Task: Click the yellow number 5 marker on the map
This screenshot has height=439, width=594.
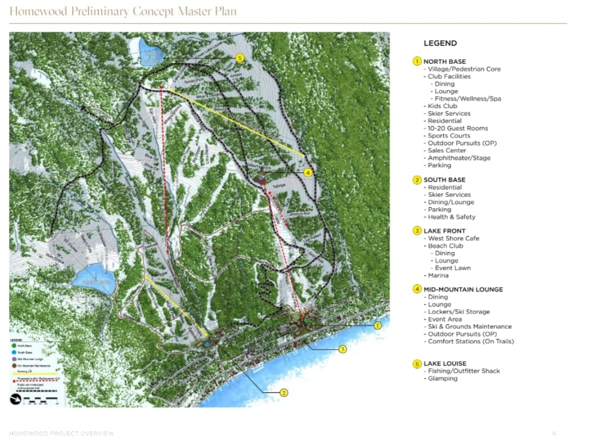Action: point(240,58)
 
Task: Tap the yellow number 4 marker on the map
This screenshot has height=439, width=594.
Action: point(308,172)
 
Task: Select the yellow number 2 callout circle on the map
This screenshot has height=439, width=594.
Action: point(284,393)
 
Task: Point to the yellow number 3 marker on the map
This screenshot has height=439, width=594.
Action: point(343,349)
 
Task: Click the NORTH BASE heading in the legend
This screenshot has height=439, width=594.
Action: point(444,61)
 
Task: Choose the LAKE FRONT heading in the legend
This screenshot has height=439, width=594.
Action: point(444,231)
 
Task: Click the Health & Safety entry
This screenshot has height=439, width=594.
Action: point(452,217)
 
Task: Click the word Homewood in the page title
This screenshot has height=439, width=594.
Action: point(37,12)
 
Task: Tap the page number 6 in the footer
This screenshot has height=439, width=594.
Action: point(555,433)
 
